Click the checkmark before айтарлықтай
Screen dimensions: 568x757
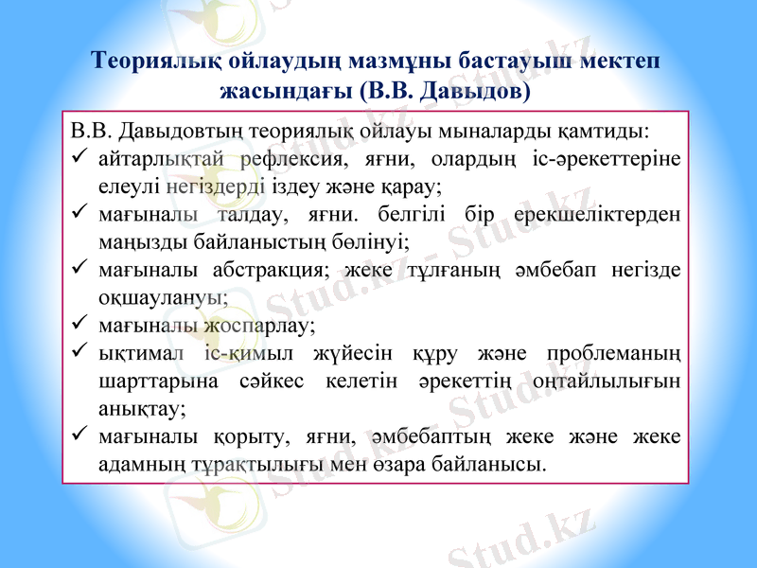pyautogui.click(x=80, y=154)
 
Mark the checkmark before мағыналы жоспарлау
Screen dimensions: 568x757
pyautogui.click(x=80, y=324)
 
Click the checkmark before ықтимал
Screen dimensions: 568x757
pyautogui.click(x=80, y=352)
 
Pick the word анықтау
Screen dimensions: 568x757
pyautogui.click(x=141, y=409)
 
